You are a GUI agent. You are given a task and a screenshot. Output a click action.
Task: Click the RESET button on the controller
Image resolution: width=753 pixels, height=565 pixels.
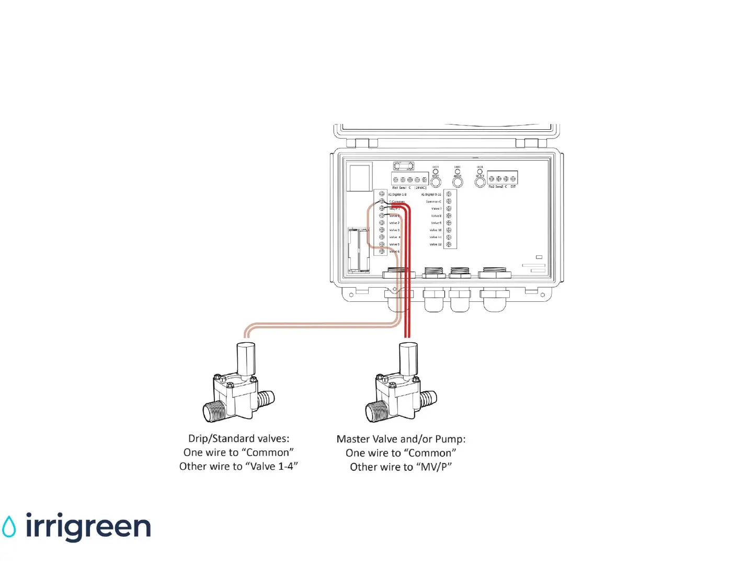pyautogui.click(x=436, y=182)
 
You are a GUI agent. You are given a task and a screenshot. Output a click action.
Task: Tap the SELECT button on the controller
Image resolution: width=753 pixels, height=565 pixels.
pyautogui.click(x=480, y=182)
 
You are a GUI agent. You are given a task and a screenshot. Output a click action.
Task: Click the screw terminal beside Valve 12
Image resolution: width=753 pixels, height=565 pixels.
pyautogui.click(x=449, y=244)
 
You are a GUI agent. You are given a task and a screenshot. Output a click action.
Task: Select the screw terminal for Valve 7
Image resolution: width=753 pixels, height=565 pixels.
pyautogui.click(x=449, y=209)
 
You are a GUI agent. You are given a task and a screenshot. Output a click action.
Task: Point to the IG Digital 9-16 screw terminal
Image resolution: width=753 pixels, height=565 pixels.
pyautogui.click(x=449, y=194)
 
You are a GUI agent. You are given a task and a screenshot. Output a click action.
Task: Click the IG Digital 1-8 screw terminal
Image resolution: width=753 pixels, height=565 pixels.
pyautogui.click(x=382, y=194)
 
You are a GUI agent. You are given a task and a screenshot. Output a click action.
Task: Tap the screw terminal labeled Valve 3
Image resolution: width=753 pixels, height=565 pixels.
pyautogui.click(x=382, y=230)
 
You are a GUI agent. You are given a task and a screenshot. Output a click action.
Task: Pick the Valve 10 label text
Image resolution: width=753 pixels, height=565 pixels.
pyautogui.click(x=436, y=230)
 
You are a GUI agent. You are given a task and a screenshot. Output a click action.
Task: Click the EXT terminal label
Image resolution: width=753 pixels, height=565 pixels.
pyautogui.click(x=513, y=187)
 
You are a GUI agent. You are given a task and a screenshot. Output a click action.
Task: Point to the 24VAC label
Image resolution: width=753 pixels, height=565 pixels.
pyautogui.click(x=420, y=187)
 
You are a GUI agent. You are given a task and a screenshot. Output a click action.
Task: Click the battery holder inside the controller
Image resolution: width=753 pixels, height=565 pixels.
pyautogui.click(x=359, y=250)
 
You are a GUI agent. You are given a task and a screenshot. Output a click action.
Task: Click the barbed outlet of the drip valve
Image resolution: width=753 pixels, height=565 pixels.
pyautogui.click(x=266, y=400)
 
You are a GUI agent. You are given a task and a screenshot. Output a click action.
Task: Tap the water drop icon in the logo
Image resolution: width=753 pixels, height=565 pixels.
pyautogui.click(x=9, y=527)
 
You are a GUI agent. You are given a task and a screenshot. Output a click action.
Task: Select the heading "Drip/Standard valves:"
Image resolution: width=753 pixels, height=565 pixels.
pyautogui.click(x=238, y=438)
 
